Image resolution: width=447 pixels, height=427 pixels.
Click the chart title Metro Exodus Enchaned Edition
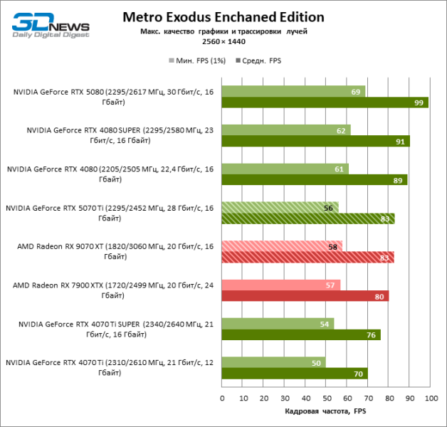tap(223, 16)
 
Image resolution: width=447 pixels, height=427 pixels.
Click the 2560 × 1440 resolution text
tap(223, 43)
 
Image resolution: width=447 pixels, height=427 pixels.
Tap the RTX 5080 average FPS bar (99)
tap(325, 103)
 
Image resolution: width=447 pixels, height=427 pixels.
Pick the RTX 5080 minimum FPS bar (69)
tap(293, 92)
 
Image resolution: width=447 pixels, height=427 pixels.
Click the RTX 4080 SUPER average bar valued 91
tap(316, 142)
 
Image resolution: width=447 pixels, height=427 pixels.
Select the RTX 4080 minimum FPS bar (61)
tap(285, 169)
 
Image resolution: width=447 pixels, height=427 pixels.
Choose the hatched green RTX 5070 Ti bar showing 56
tap(280, 207)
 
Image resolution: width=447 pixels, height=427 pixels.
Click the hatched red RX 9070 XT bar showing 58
tap(282, 246)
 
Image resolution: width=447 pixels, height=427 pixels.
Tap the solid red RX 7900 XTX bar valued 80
tap(305, 296)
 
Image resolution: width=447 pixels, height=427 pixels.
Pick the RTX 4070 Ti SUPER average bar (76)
tap(300, 334)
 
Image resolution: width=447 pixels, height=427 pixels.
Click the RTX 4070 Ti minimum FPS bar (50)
tap(273, 362)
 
